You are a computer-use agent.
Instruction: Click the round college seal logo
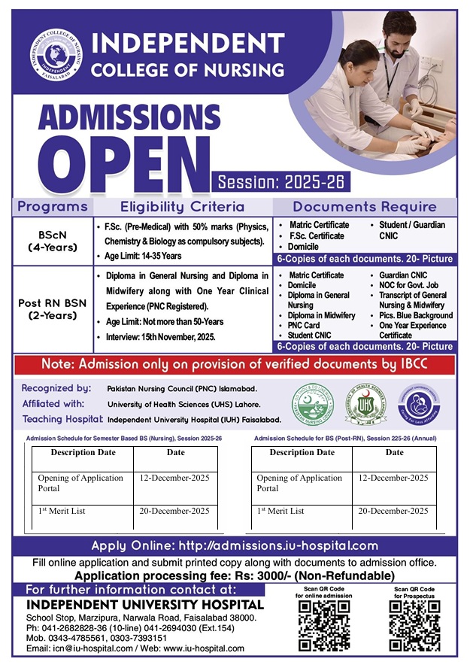pos(56,57)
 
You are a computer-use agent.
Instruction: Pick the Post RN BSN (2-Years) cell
pos(53,309)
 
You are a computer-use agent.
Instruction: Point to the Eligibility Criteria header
pos(182,207)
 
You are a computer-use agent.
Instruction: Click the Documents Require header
pos(364,207)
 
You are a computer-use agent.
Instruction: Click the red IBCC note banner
pos(235,366)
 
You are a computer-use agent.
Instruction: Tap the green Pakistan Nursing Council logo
pos(312,405)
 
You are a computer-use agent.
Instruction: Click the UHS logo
pos(365,405)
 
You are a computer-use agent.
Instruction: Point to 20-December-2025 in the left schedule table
pos(174,512)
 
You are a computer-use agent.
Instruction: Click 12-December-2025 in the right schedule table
pos(393,478)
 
